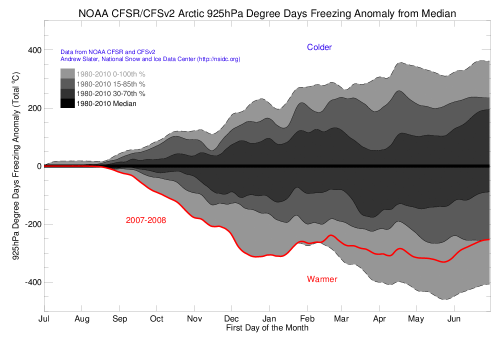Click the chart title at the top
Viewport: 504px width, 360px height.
(x=267, y=13)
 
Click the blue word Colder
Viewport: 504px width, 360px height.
(x=319, y=47)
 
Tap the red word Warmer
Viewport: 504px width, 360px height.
(x=322, y=279)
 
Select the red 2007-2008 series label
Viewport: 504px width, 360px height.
(x=146, y=220)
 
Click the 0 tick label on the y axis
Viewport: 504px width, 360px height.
(x=38, y=166)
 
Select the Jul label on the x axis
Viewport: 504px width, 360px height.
(x=44, y=318)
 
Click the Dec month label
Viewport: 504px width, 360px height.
(x=231, y=318)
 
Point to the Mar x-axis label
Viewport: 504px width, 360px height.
(x=341, y=318)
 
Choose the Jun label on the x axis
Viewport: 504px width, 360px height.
(x=454, y=318)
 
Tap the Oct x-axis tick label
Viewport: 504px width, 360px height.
(x=156, y=318)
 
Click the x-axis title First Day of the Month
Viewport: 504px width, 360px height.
(x=267, y=328)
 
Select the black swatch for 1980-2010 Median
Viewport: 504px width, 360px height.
(x=67, y=103)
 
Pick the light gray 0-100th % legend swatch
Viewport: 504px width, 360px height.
(x=67, y=73)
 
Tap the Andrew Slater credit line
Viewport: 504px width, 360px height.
(x=150, y=59)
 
